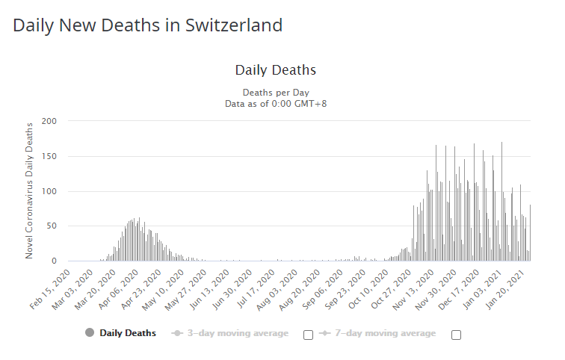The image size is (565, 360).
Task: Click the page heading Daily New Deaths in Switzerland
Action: coord(148,25)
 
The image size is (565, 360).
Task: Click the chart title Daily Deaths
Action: coord(275,70)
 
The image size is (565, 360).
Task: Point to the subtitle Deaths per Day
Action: coord(275,92)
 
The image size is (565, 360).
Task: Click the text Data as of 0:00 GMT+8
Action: coord(275,103)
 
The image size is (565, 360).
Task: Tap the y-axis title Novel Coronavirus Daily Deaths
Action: coord(30,190)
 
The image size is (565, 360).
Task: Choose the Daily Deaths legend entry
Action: coord(128,333)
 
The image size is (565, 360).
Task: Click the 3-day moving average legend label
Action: coord(238,333)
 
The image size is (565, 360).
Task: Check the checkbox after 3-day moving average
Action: coord(308,335)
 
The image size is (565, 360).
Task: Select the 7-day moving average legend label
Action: coord(386,333)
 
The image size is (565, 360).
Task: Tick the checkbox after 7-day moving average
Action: coord(456,335)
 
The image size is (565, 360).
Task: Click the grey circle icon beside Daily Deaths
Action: coord(90,333)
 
